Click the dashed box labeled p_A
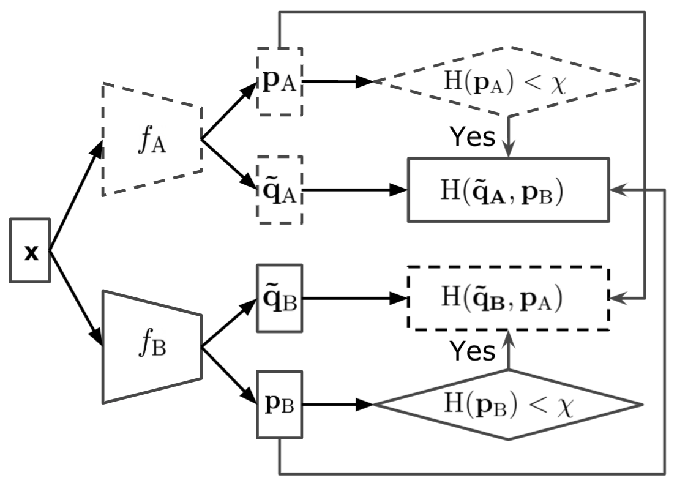(279, 81)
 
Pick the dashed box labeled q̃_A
(279, 190)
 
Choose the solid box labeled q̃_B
(279, 299)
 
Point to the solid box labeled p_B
(279, 405)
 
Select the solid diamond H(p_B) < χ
(507, 405)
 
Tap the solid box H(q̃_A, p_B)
(508, 190)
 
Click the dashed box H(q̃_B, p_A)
(508, 299)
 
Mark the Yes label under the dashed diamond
(472, 137)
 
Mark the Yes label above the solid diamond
(472, 351)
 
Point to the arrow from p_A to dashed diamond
(337, 81)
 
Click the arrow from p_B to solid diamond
(337, 405)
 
